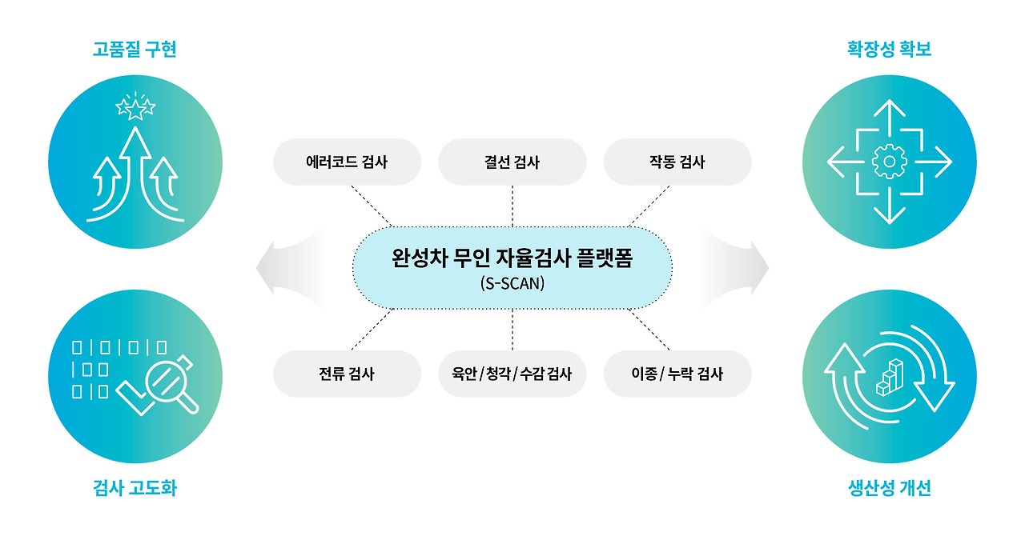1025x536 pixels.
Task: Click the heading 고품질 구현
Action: point(134,50)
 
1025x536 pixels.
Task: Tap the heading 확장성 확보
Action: point(889,50)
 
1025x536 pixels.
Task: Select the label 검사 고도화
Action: point(134,487)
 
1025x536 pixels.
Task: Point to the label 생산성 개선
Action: point(889,487)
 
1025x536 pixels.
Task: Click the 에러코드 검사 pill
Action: point(347,162)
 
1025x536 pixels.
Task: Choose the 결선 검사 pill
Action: point(512,162)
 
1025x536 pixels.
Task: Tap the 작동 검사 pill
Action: point(677,162)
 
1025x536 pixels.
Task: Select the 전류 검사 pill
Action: point(347,374)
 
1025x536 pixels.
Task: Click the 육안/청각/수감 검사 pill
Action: point(512,374)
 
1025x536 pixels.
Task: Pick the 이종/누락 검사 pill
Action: point(677,374)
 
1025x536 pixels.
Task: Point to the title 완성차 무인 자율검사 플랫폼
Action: point(512,259)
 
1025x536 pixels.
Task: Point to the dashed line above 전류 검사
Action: point(370,330)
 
